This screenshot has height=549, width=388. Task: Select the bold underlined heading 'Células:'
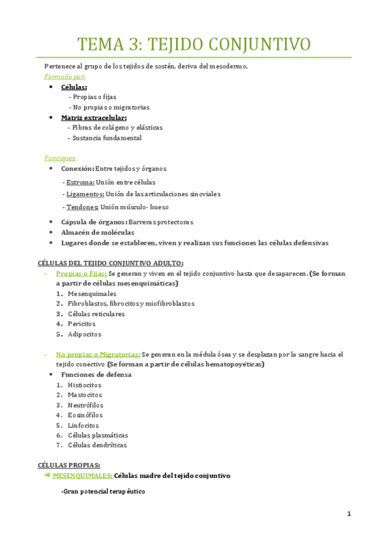pos(74,87)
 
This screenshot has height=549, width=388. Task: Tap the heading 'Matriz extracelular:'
pos(94,118)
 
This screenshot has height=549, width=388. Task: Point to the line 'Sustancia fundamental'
pos(107,138)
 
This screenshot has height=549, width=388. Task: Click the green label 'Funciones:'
pos(60,158)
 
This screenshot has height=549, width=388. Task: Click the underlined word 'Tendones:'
pos(82,207)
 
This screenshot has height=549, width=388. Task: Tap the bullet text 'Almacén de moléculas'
pos(98,232)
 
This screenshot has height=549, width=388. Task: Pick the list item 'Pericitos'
pos(82,324)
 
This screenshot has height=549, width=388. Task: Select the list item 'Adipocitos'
pos(84,335)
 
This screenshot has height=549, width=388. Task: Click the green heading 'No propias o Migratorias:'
pos(98,355)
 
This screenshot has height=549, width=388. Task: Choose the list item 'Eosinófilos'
pos(85,415)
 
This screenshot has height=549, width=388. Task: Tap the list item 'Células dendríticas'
pos(97,445)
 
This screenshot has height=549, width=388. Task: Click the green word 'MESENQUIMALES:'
pos(82,476)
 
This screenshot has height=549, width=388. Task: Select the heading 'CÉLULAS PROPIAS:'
pos(69,465)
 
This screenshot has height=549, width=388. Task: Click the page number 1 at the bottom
pos(349,514)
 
